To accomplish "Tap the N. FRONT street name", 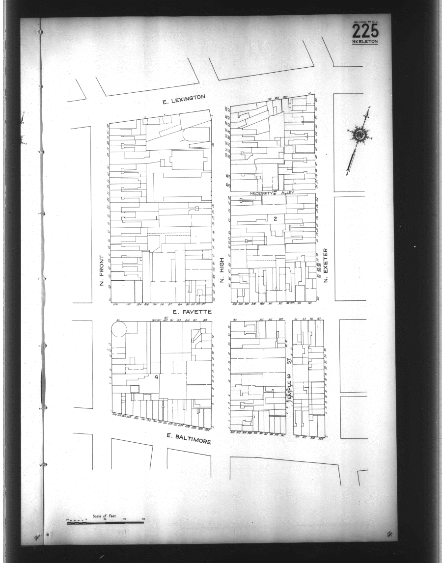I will [x=102, y=270].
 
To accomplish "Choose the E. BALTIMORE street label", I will [x=189, y=438].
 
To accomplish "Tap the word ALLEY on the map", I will [x=287, y=193].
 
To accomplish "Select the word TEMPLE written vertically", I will [x=289, y=392].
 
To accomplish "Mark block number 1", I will [x=156, y=217].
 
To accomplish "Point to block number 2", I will [x=276, y=218].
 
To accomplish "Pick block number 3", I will [x=289, y=376].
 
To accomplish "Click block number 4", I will [x=156, y=377].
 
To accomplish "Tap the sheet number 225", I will [x=365, y=32].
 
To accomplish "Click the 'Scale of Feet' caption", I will [x=104, y=516].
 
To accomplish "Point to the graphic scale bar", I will [x=105, y=523].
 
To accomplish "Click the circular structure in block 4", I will [x=119, y=329].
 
